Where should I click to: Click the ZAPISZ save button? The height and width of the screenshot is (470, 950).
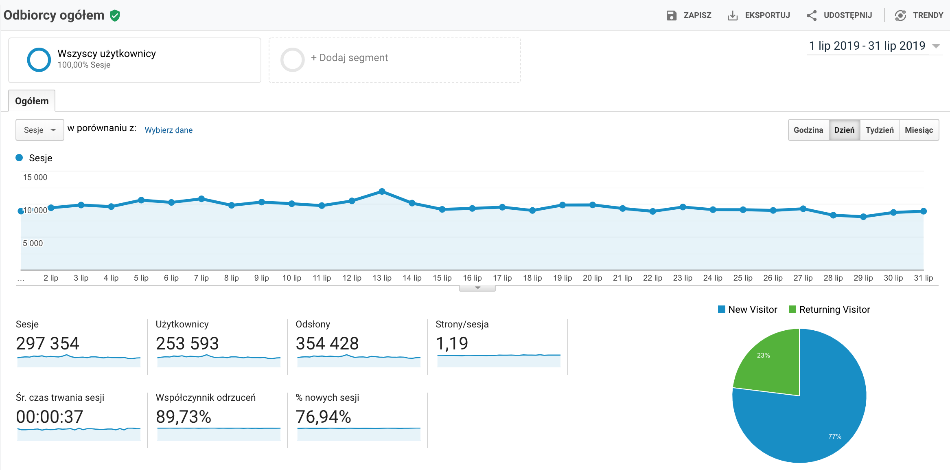coord(689,15)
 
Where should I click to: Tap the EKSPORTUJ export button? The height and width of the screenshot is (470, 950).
coord(759,15)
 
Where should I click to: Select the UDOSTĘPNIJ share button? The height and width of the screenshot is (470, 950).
coord(840,15)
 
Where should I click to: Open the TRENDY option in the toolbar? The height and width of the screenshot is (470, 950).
coord(919,15)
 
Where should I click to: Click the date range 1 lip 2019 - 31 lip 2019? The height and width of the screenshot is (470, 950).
coord(867,46)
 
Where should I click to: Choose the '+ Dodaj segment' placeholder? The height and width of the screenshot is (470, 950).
coord(349,58)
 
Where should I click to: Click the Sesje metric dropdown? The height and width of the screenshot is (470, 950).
coord(39,130)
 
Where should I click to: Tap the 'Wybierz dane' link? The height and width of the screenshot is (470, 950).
coord(169,130)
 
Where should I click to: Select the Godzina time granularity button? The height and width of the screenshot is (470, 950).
coord(808,130)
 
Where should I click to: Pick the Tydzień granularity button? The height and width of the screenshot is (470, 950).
coord(879,130)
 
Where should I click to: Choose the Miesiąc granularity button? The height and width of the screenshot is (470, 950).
coord(919,130)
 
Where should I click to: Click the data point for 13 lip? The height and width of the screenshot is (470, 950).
coord(382,191)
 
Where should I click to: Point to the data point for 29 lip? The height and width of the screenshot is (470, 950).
coord(863,217)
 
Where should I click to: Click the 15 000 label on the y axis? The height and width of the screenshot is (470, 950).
coord(35,177)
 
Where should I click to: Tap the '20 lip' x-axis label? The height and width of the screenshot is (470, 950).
coord(592,278)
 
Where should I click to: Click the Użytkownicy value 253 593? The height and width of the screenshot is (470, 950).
coord(187,343)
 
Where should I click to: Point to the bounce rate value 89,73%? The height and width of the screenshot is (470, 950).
coord(183,417)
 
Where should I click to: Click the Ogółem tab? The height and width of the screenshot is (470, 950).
coord(32,101)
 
